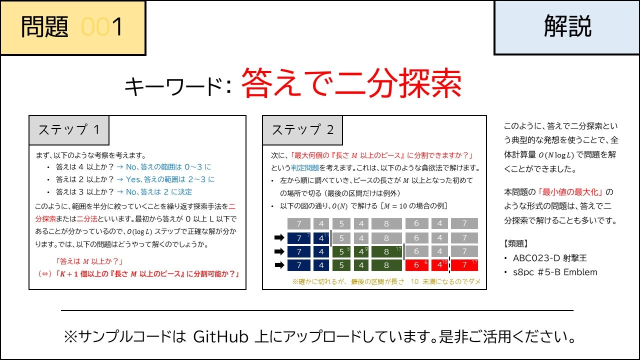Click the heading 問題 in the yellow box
(44, 27)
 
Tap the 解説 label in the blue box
(567, 26)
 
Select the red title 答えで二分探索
(351, 84)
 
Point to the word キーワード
(173, 87)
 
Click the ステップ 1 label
(69, 130)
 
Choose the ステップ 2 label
(302, 130)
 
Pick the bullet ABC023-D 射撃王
(549, 258)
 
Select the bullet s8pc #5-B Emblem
(554, 272)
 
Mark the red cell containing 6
(416, 264)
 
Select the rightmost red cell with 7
(464, 264)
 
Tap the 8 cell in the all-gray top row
(386, 223)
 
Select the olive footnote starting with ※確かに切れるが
(386, 282)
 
